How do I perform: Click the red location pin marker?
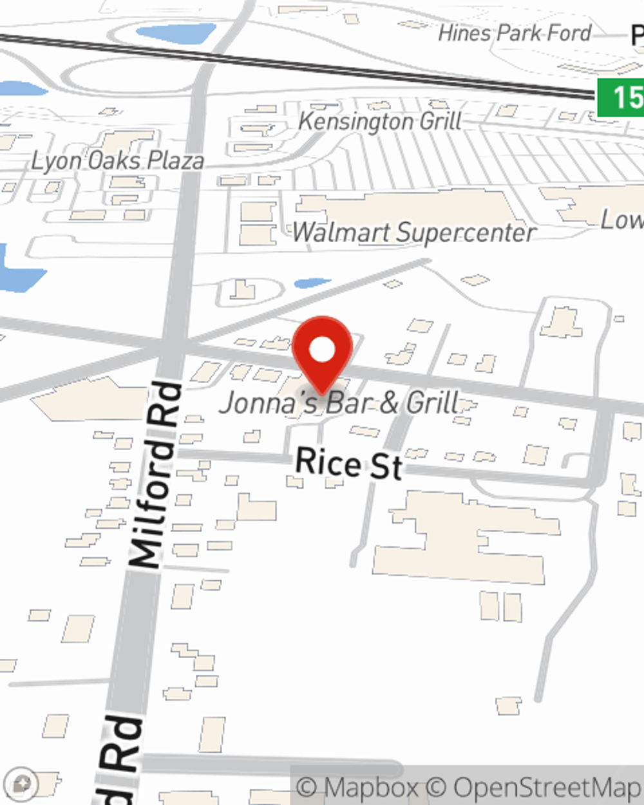[322, 354]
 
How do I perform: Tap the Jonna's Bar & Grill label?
[339, 404]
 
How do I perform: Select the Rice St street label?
[349, 464]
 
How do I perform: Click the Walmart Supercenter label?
[414, 232]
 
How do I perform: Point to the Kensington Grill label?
[380, 121]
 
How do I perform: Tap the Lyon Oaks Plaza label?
[118, 161]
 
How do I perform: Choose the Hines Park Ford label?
[514, 33]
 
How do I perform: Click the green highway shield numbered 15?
[620, 97]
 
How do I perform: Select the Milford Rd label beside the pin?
[154, 475]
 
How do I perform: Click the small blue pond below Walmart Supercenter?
[312, 283]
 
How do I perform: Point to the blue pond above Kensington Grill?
[176, 33]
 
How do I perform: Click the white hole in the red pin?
[322, 350]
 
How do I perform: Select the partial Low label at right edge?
[622, 220]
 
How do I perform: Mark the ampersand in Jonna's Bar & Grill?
[389, 404]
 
